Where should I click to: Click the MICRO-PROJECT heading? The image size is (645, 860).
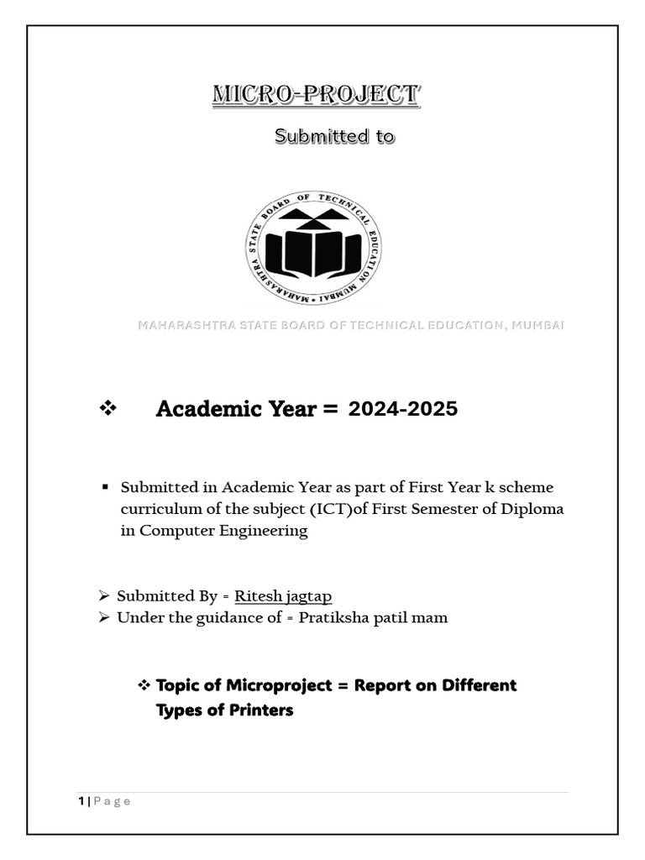tap(315, 96)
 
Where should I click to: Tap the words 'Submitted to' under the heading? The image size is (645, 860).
tap(334, 136)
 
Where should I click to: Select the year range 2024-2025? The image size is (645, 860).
tap(403, 409)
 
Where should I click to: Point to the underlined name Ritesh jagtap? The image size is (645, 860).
tap(283, 596)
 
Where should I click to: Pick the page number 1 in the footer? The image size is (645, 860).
tap(81, 801)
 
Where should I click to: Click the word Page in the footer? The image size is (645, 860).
tap(112, 801)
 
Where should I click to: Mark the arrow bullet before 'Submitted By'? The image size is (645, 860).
tap(104, 596)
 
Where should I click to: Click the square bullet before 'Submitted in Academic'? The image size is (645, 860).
tap(106, 487)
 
